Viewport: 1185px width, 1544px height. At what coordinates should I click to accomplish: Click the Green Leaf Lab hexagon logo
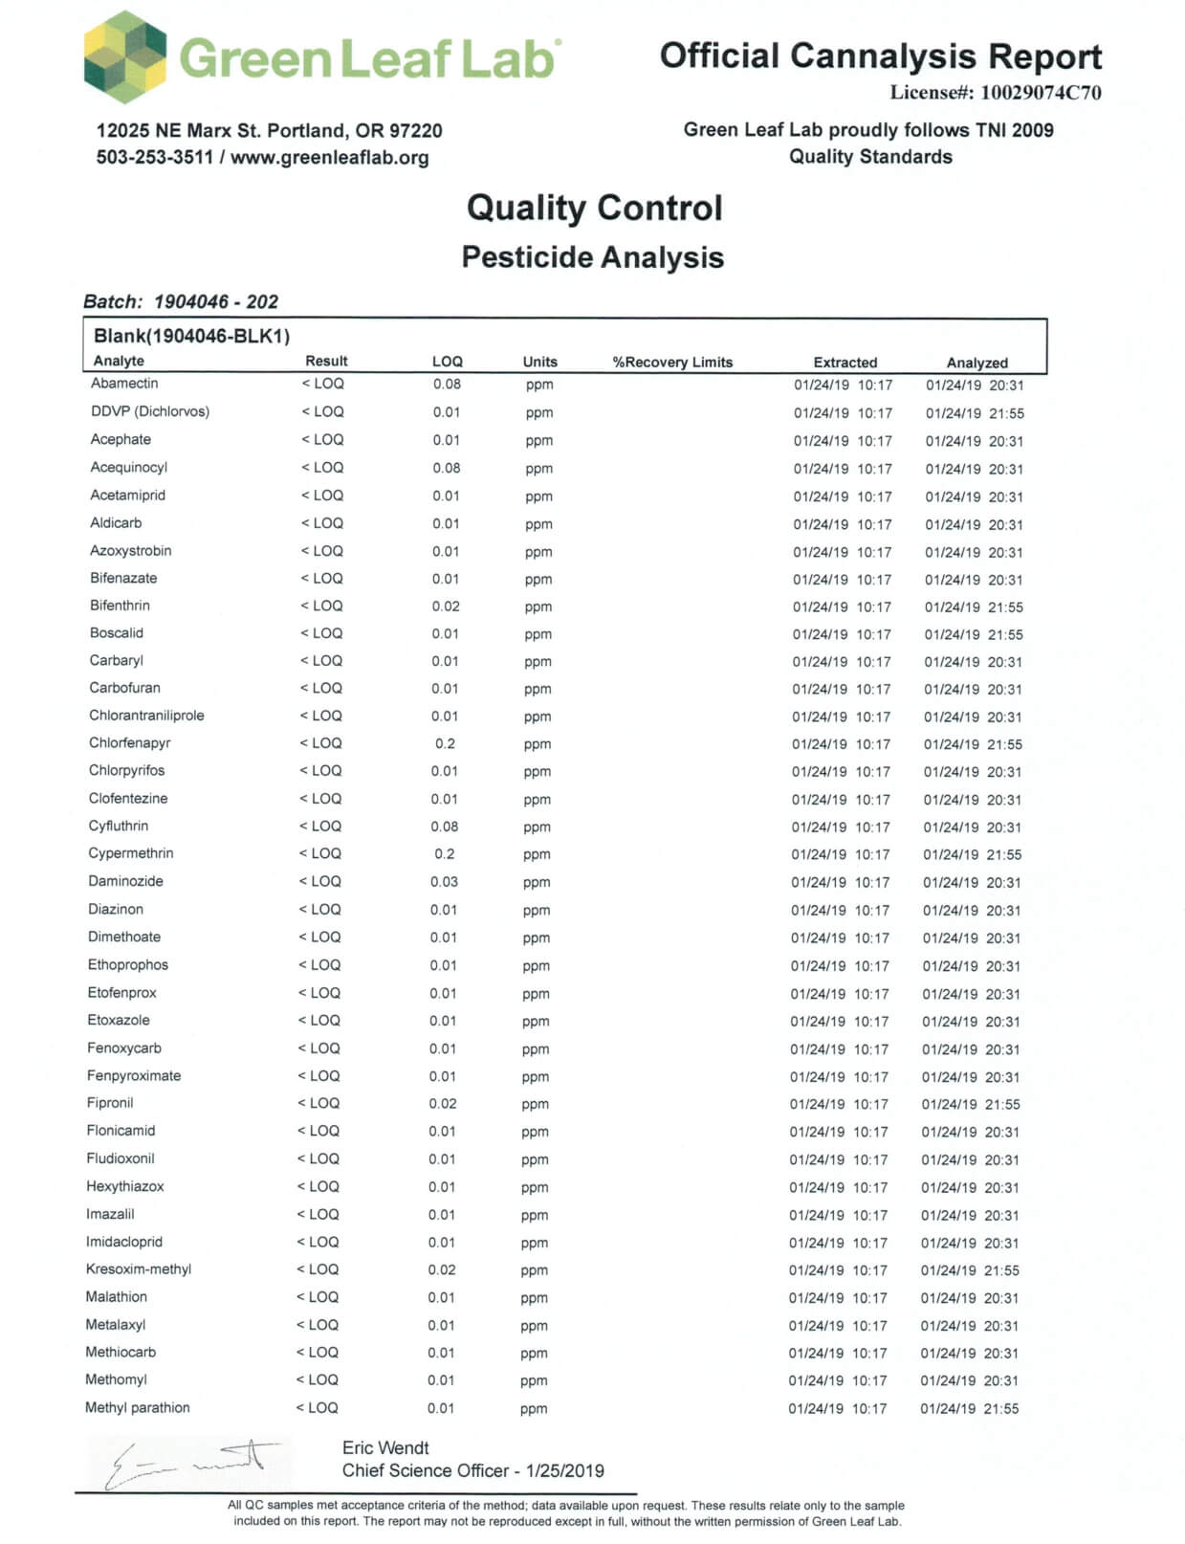pos(125,57)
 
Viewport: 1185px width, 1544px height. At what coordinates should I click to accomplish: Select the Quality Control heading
pos(594,208)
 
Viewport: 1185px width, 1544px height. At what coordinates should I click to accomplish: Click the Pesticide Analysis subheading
pos(592,257)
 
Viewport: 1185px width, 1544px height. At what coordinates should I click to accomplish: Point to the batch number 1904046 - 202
pos(216,302)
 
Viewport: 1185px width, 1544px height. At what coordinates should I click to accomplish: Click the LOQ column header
pos(447,362)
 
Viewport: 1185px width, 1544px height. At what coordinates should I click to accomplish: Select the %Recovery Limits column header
pos(672,363)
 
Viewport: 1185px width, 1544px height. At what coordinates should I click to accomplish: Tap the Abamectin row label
pos(124,384)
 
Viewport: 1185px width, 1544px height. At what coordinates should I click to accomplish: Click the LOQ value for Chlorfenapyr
pos(445,743)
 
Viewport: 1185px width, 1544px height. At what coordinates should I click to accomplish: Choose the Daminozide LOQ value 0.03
pos(444,881)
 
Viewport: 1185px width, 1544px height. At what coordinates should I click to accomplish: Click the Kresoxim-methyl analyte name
pos(139,1269)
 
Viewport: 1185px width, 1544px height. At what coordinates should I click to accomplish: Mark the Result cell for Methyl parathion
pos(318,1408)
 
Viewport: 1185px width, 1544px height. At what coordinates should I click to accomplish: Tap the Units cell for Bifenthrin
pos(538,607)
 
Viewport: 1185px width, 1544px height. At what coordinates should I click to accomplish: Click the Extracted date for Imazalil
pos(838,1215)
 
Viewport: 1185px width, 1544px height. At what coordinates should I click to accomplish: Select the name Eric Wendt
pos(385,1448)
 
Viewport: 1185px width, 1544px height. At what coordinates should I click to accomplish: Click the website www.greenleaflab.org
pos(329,158)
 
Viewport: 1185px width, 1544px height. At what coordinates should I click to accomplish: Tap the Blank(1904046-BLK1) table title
pos(191,336)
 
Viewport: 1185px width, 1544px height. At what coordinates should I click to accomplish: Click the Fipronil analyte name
pos(110,1103)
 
